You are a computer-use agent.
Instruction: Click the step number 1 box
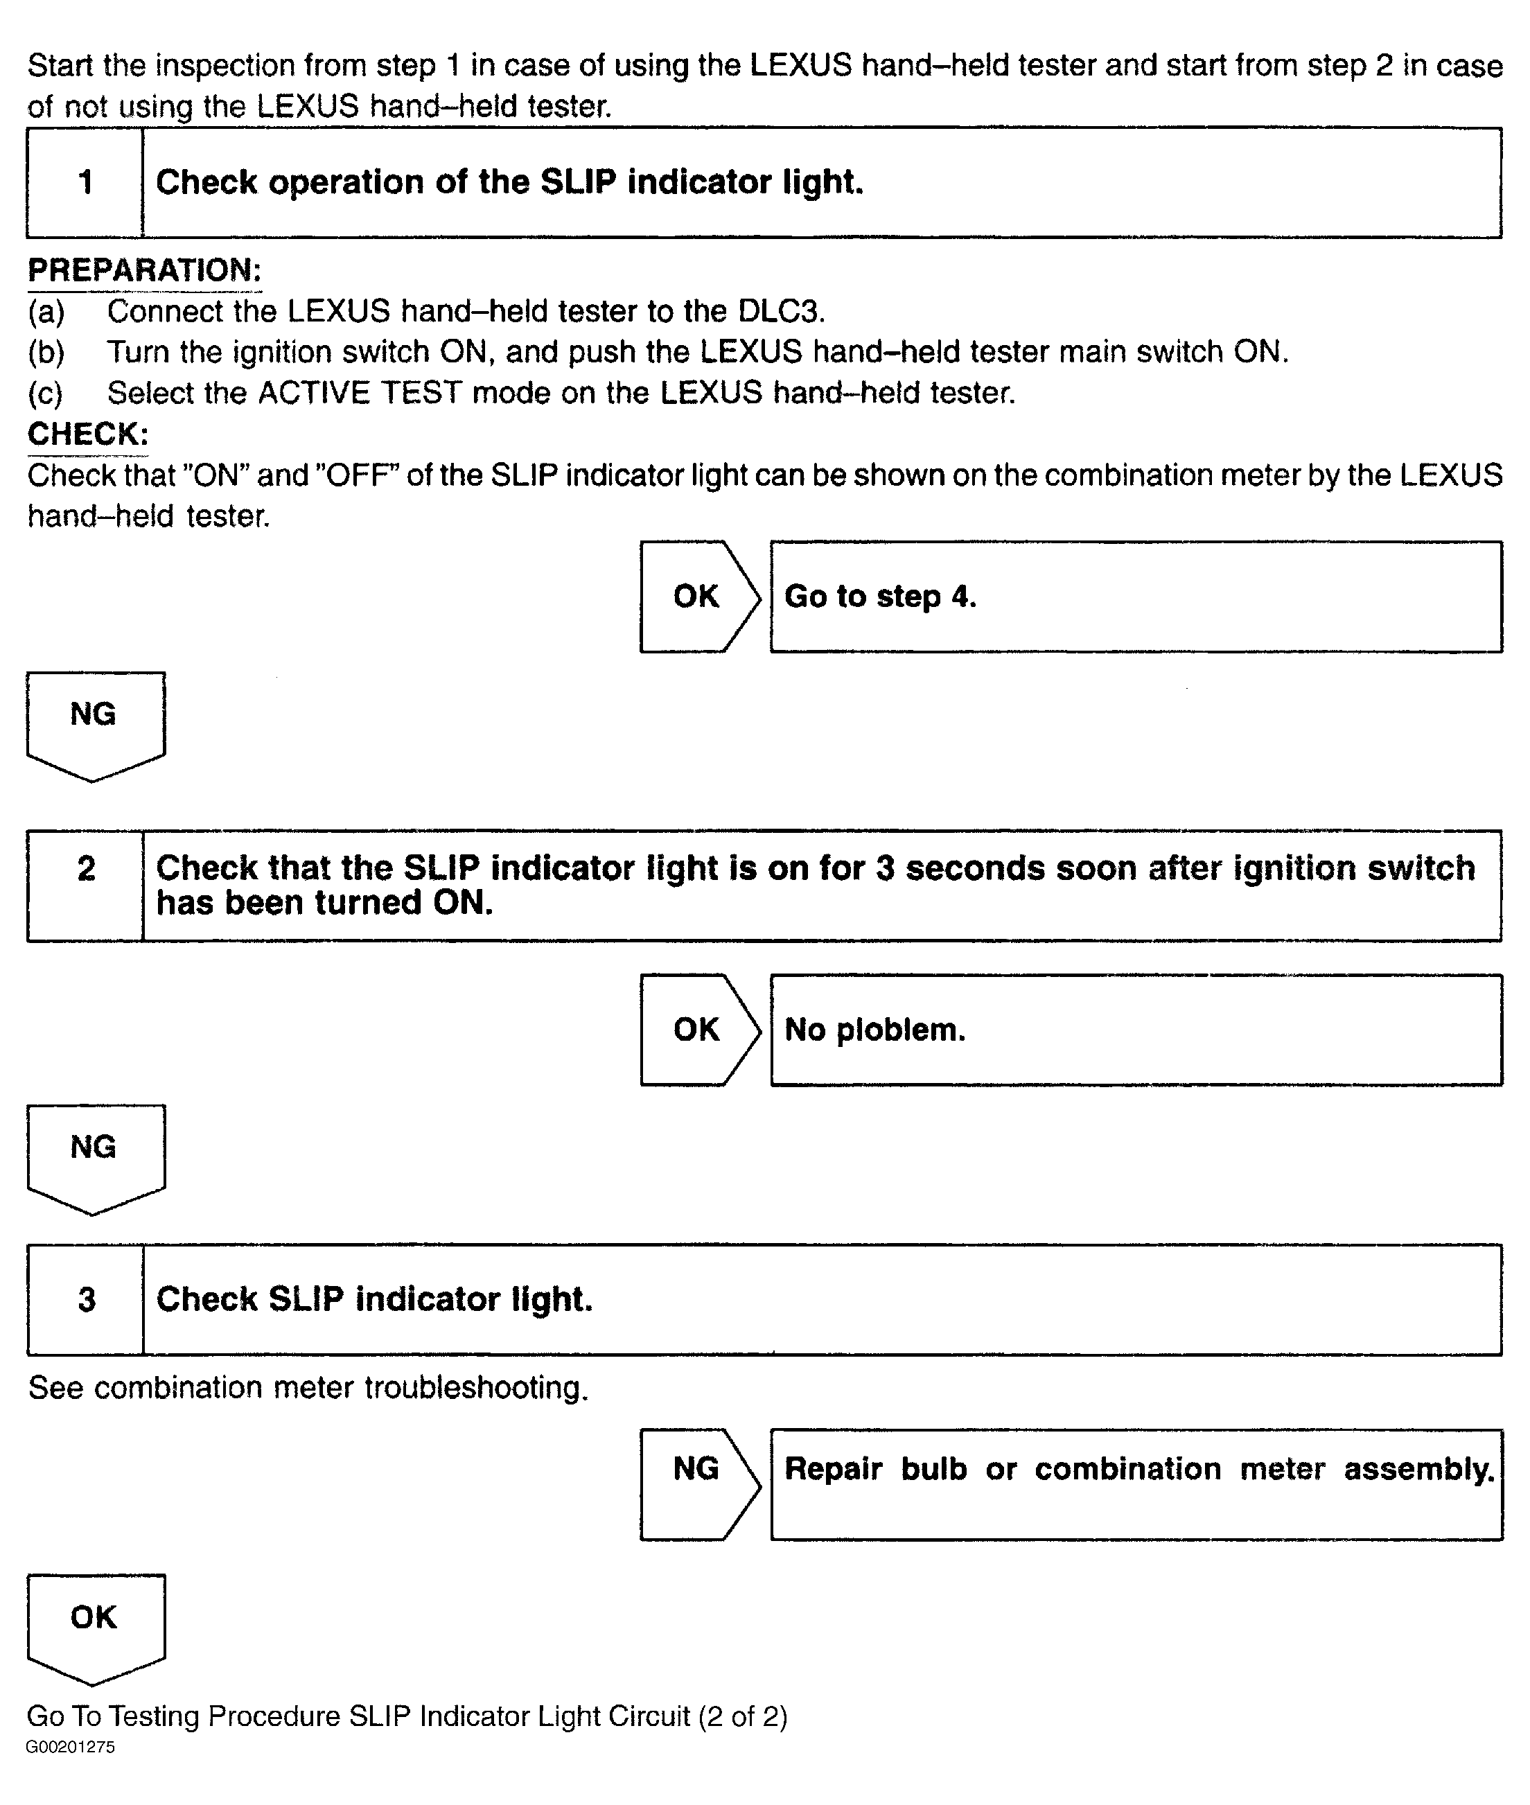click(85, 183)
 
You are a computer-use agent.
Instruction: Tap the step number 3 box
click(86, 1299)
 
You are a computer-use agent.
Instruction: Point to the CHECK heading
click(87, 434)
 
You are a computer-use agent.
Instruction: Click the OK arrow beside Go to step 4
click(698, 597)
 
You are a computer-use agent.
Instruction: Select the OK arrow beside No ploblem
click(698, 1030)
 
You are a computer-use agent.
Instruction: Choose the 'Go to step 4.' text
click(880, 597)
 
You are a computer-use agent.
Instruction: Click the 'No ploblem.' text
click(874, 1030)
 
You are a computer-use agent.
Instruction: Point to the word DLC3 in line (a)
click(781, 311)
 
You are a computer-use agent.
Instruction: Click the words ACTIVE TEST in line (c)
click(359, 393)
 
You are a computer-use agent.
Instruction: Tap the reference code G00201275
click(70, 1747)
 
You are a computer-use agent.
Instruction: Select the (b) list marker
click(46, 352)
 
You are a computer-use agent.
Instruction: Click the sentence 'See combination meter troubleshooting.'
click(308, 1388)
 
